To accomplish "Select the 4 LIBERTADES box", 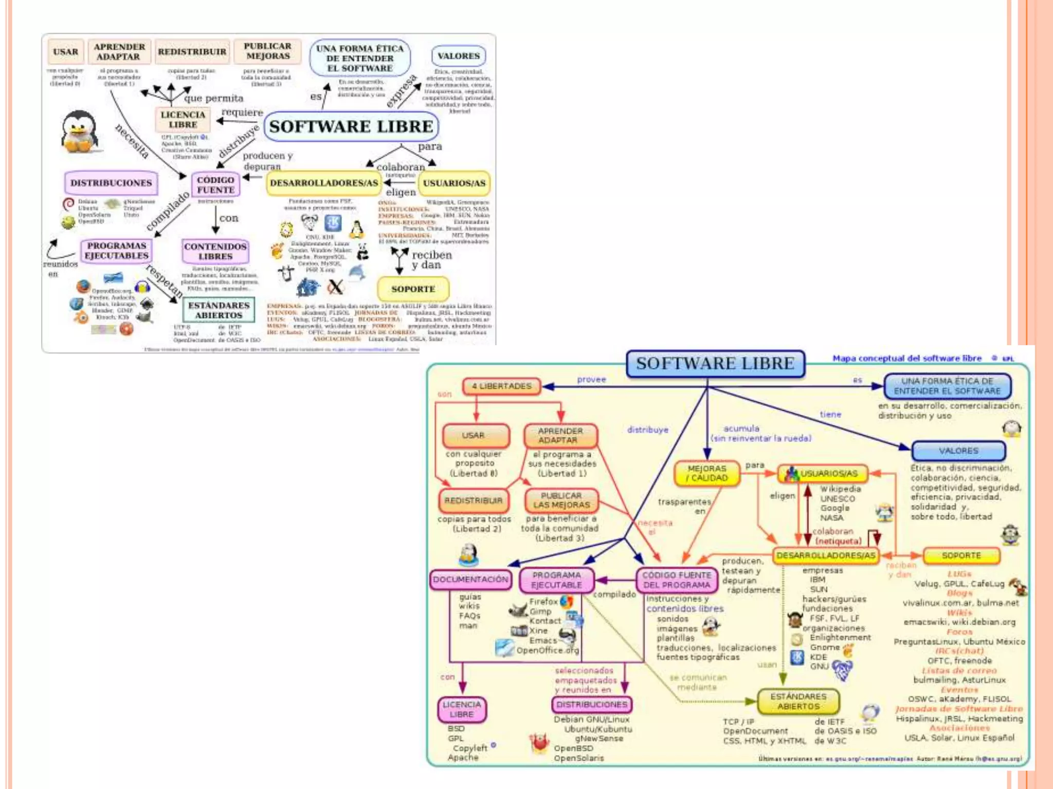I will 501,386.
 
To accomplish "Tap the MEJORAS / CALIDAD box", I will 706,473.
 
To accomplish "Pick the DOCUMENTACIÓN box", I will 470,579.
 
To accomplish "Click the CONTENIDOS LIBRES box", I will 215,251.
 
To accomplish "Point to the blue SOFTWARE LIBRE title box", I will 715,364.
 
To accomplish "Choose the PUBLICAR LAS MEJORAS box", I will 561,500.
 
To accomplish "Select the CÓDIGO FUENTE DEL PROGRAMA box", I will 676,580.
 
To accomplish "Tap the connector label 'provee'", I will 591,380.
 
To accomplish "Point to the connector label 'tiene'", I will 830,414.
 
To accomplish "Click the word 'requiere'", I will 242,112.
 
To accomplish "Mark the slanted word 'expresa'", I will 402,91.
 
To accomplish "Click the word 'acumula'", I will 741,428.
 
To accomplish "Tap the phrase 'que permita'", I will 213,98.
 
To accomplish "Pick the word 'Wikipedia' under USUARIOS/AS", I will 840,489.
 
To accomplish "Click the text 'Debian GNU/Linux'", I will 591,719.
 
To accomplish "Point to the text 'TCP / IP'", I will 738,722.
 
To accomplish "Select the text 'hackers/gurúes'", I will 834,599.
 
